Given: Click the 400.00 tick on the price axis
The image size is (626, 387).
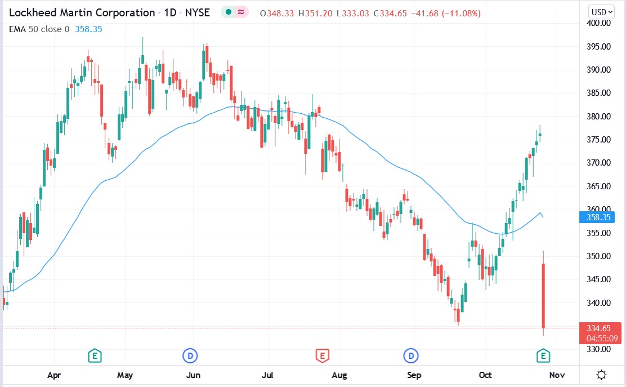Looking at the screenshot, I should pyautogui.click(x=598, y=23).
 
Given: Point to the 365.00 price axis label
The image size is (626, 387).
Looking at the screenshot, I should pyautogui.click(x=598, y=186).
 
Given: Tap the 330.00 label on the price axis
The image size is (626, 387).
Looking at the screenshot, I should pyautogui.click(x=598, y=349).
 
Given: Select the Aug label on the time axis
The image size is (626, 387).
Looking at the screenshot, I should pyautogui.click(x=339, y=375).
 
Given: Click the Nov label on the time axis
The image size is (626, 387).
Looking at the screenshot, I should pyautogui.click(x=557, y=375).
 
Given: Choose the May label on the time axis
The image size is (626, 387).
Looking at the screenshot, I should pyautogui.click(x=125, y=375).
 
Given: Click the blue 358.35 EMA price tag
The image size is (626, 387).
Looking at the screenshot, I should pyautogui.click(x=600, y=217).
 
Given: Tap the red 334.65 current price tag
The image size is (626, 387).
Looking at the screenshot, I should pyautogui.click(x=600, y=328).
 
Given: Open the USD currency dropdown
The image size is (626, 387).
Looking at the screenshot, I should pyautogui.click(x=601, y=12).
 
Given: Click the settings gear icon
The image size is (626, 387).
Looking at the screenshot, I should pyautogui.click(x=601, y=375).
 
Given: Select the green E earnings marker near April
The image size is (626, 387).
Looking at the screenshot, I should pyautogui.click(x=95, y=355).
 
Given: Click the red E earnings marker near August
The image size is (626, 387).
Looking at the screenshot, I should pyautogui.click(x=322, y=355).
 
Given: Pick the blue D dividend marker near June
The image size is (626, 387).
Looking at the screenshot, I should pyautogui.click(x=190, y=355).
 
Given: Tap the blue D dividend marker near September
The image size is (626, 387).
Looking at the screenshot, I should pyautogui.click(x=412, y=355).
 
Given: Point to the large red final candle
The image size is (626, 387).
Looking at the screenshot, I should pyautogui.click(x=544, y=295).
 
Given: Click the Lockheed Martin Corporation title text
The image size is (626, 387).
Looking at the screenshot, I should pyautogui.click(x=82, y=12).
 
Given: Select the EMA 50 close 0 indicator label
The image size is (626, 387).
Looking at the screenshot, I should pyautogui.click(x=39, y=28).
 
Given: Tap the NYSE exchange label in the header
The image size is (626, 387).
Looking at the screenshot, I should pyautogui.click(x=198, y=12).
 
